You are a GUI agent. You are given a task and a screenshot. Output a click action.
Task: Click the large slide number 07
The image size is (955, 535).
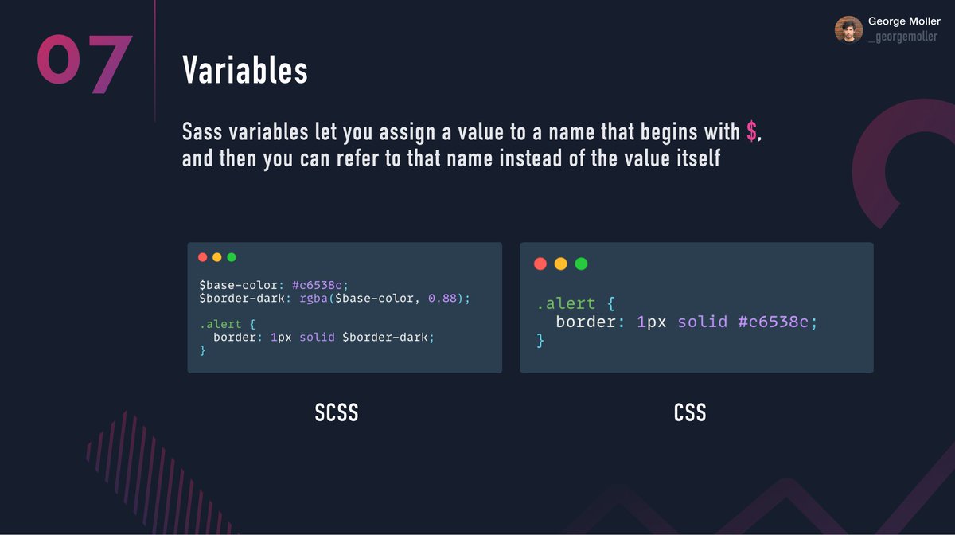(84, 63)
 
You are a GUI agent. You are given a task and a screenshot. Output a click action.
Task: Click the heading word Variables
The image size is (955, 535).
(244, 71)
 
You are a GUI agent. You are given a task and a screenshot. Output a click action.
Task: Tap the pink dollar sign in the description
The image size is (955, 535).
(751, 132)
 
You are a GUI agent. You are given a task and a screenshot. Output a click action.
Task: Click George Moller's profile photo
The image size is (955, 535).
(848, 29)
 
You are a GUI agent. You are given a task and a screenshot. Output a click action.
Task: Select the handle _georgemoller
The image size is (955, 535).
(902, 37)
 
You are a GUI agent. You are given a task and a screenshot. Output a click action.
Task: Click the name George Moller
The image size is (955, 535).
(904, 21)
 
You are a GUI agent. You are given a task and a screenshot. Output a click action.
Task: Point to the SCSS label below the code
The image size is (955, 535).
(336, 413)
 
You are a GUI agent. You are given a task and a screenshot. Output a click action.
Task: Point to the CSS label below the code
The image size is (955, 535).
(689, 413)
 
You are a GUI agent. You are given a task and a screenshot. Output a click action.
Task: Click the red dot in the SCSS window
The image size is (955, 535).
(202, 257)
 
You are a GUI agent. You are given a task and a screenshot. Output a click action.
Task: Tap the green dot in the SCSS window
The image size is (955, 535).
(232, 257)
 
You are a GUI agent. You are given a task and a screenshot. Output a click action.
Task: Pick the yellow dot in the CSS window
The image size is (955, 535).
(560, 264)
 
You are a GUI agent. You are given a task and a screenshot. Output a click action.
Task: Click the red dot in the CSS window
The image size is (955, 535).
(540, 264)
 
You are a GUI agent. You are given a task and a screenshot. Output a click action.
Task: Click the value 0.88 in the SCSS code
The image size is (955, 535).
(444, 299)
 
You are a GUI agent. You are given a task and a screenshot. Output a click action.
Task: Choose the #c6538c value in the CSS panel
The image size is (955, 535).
(778, 322)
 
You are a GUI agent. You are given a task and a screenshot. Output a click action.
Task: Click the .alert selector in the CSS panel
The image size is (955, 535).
(565, 303)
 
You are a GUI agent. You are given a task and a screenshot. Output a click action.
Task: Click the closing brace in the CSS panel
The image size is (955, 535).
(540, 341)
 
